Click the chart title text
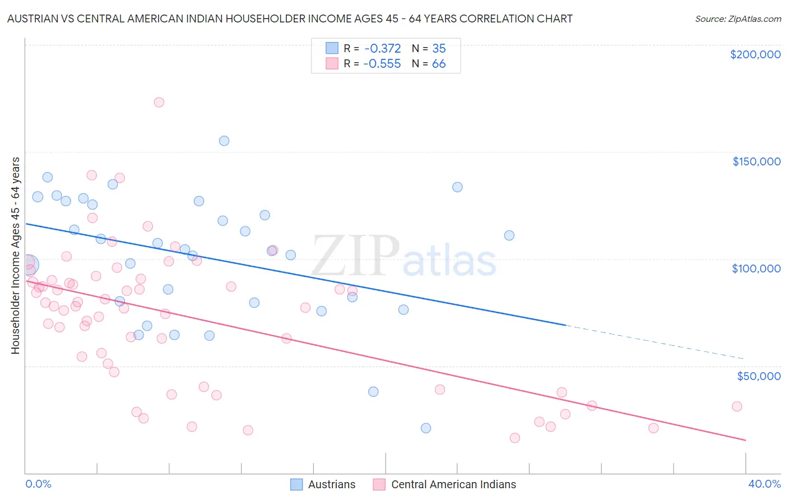(x=290, y=18)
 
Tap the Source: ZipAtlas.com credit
(x=738, y=18)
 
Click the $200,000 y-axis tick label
(x=755, y=54)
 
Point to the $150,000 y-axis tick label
(x=756, y=161)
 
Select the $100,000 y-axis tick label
(x=756, y=268)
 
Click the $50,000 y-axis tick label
(x=758, y=376)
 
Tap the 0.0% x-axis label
(x=38, y=484)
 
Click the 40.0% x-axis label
(x=764, y=484)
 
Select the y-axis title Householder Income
(x=15, y=256)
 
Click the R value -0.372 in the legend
(x=382, y=48)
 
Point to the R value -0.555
(x=382, y=63)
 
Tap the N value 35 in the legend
(x=439, y=48)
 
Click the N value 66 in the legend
(x=439, y=63)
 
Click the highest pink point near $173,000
(x=159, y=102)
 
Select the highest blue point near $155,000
(x=224, y=141)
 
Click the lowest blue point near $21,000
(x=426, y=428)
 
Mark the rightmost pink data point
(x=737, y=406)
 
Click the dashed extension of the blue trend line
(x=656, y=342)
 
